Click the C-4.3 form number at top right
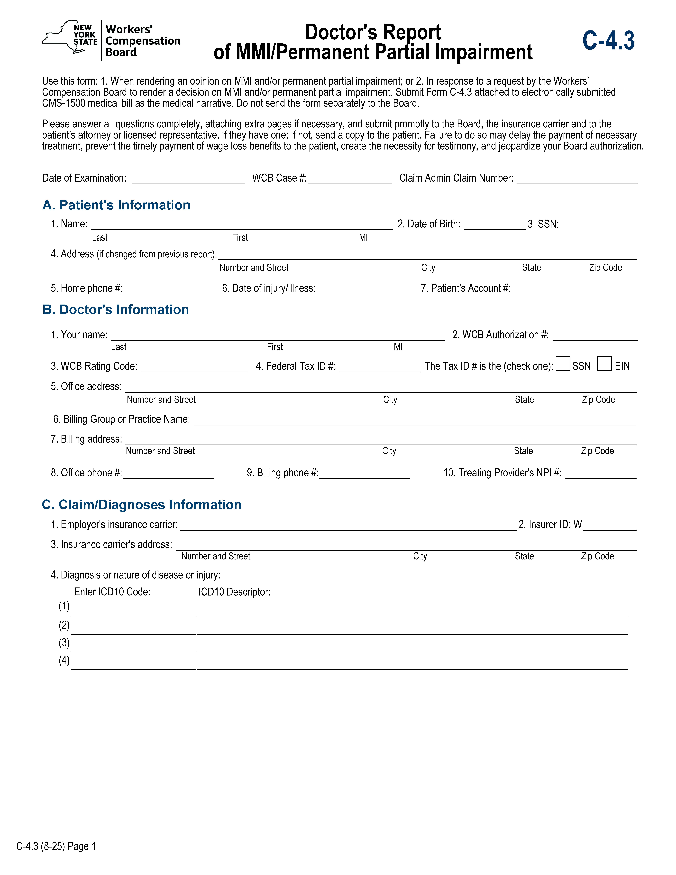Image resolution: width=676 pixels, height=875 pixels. (608, 41)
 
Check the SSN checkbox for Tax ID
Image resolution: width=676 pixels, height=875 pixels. (563, 364)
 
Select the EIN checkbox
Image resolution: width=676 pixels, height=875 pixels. (604, 364)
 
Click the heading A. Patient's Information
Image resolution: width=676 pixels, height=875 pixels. (116, 205)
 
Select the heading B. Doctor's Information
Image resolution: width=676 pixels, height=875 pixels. (116, 310)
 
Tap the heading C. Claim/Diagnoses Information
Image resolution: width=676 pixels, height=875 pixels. (142, 505)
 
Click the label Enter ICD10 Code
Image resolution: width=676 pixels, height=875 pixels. (112, 592)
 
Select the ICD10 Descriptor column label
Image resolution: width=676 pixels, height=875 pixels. (234, 592)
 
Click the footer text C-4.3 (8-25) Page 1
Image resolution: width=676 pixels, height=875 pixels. (56, 846)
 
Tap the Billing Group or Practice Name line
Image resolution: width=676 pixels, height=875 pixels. (415, 420)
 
